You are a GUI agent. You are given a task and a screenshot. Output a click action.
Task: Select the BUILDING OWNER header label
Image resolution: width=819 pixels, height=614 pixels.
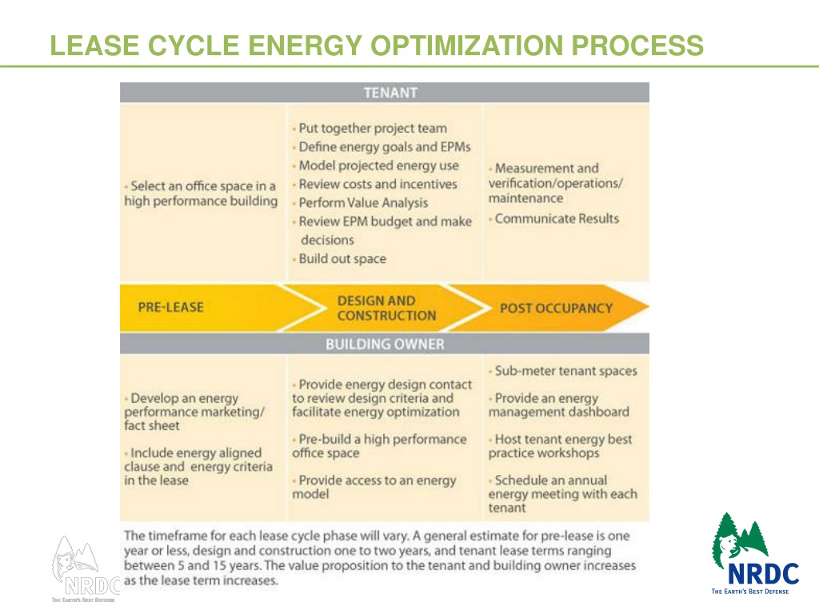coord(384,345)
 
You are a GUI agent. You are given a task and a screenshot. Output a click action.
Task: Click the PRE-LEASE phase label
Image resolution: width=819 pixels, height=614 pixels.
coord(170,307)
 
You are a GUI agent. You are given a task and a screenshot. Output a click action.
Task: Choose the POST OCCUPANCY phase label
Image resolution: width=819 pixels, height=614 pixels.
coord(556,308)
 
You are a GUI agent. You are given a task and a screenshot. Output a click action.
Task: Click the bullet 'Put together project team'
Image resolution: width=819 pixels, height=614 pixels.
coord(372,128)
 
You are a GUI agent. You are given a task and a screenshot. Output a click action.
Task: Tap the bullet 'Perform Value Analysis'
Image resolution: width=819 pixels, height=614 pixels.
coord(362,202)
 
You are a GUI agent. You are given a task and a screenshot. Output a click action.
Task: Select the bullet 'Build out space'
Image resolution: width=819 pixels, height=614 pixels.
coord(342,258)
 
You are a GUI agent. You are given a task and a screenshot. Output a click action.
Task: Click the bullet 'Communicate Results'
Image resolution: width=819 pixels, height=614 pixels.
coord(556,218)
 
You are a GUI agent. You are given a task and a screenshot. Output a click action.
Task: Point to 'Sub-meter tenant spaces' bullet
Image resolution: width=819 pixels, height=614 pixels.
coord(565,371)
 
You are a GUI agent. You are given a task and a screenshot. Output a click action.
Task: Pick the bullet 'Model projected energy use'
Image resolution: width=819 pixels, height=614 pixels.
coord(378,165)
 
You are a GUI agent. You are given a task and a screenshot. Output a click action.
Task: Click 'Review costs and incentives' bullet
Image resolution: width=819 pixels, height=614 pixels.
coord(378,184)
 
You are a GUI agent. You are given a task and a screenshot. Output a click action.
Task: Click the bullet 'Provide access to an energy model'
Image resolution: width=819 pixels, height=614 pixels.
coord(374,487)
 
